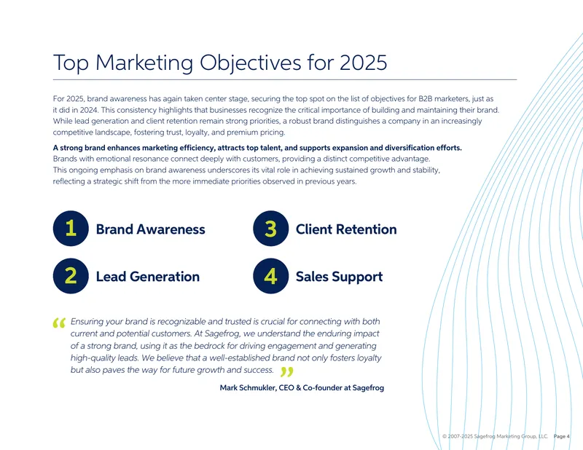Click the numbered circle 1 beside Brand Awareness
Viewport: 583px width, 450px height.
pyautogui.click(x=71, y=228)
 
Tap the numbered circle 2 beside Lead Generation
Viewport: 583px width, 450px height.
pyautogui.click(x=71, y=276)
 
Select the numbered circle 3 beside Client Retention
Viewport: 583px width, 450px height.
pyautogui.click(x=270, y=228)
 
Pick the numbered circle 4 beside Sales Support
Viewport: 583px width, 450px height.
pyautogui.click(x=270, y=276)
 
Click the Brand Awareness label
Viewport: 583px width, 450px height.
pyautogui.click(x=151, y=229)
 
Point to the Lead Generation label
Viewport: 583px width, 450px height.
pyautogui.click(x=148, y=277)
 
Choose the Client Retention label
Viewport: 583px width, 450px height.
pyautogui.click(x=346, y=229)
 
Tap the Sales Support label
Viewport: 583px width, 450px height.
pyautogui.click(x=339, y=277)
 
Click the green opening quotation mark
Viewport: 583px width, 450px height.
pyautogui.click(x=59, y=323)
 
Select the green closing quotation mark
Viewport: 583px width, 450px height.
pyautogui.click(x=287, y=371)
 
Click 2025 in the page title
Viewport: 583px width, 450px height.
pyautogui.click(x=363, y=63)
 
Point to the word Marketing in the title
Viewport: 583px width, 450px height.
pyautogui.click(x=144, y=63)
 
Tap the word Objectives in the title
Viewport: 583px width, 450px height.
pyautogui.click(x=251, y=63)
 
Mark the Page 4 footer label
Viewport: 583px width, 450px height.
pyautogui.click(x=561, y=436)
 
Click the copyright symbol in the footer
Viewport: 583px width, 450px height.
pyautogui.click(x=445, y=436)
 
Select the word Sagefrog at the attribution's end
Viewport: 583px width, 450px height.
pyautogui.click(x=368, y=388)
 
